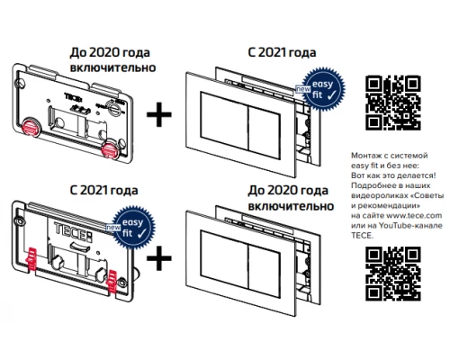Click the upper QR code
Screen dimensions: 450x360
click(393, 103)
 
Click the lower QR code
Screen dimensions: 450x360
click(393, 274)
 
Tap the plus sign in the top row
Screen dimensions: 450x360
click(159, 114)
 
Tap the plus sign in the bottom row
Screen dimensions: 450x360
click(159, 258)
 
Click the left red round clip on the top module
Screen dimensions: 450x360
click(32, 126)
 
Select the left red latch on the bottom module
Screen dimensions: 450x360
click(31, 258)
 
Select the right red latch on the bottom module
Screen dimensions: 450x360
click(112, 281)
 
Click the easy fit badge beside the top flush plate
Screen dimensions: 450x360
click(322, 89)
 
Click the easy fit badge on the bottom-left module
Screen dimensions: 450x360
click(133, 228)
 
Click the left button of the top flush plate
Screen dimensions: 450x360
click(224, 121)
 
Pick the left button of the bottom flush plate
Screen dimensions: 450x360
click(224, 259)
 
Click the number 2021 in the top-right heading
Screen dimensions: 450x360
click(272, 52)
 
